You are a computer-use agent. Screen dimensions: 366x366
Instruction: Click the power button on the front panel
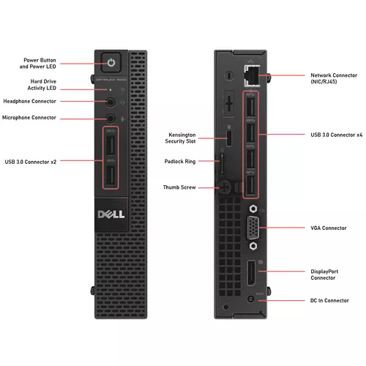111,63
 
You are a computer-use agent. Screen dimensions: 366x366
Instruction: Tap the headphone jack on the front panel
111,102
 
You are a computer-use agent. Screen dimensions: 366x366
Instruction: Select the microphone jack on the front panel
111,119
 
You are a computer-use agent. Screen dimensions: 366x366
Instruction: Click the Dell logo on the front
111,214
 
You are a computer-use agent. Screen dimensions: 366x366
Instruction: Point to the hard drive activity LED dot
111,90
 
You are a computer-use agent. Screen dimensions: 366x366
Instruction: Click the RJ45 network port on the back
252,75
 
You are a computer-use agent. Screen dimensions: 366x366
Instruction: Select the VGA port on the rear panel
253,228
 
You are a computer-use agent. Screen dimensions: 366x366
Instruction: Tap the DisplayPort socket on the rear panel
252,273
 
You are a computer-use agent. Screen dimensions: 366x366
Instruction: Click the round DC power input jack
250,299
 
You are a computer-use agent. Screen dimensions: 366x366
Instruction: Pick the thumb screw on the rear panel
224,187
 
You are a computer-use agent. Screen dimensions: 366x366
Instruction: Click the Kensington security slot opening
229,138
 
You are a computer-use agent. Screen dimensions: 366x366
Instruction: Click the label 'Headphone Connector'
29,101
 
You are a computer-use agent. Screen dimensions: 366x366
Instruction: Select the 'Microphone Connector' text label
29,118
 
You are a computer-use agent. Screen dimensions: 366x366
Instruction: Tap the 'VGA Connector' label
329,228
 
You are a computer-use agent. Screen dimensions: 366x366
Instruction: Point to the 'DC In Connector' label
329,301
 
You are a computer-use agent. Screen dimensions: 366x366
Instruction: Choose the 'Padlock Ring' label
180,162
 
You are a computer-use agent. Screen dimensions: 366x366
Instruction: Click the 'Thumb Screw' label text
179,187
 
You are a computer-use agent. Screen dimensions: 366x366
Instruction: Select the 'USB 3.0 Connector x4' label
337,135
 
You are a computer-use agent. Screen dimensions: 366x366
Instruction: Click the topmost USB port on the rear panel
251,107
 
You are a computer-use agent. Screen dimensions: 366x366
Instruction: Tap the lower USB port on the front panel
111,175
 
